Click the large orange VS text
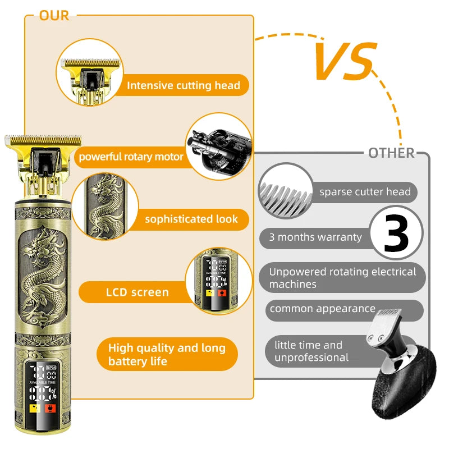[x=345, y=61]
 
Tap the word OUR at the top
[x=54, y=16]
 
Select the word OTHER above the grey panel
[x=391, y=153]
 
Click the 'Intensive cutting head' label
[x=184, y=85]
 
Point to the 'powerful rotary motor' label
[x=131, y=157]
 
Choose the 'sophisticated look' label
[x=191, y=219]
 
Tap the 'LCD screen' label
[x=138, y=292]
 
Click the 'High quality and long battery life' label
[x=167, y=355]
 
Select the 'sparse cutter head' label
[x=365, y=191]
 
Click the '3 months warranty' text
[x=315, y=237]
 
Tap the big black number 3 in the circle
[x=396, y=233]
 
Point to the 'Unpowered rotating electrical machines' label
[x=342, y=278]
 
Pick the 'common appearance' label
[x=322, y=309]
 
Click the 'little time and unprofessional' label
[x=311, y=351]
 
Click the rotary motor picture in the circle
[x=219, y=146]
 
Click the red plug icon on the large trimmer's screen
[x=50, y=409]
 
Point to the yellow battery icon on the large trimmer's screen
[x=35, y=409]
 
